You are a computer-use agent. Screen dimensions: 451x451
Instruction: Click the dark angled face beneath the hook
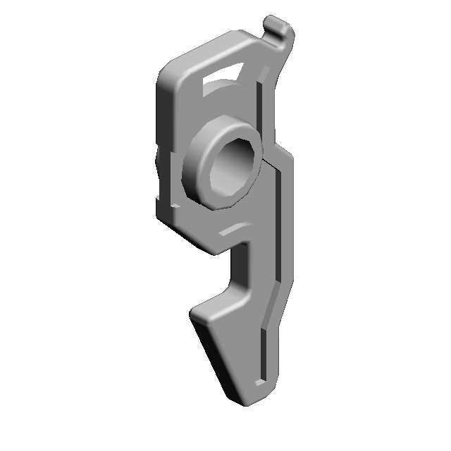(x=215, y=359)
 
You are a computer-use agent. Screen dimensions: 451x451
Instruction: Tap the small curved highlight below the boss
(x=233, y=229)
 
